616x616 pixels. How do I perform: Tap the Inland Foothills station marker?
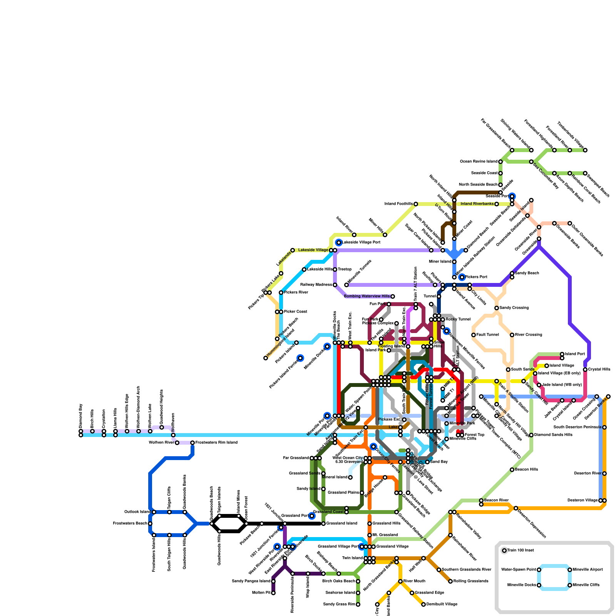416,204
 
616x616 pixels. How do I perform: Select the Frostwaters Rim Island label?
216,443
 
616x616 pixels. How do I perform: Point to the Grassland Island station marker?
323,524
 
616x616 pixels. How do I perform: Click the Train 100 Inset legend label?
521,551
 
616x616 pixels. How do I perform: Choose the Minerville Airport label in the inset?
588,570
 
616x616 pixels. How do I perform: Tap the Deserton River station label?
588,474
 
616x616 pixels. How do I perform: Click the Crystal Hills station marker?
585,370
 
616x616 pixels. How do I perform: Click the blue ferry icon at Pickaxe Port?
462,277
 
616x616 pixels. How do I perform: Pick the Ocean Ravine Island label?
479,162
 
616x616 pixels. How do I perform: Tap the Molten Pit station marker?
273,593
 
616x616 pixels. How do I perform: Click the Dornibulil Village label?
442,604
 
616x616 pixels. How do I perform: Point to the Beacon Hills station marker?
512,470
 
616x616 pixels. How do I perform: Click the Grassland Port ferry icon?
312,516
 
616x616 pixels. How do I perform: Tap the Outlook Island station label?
137,512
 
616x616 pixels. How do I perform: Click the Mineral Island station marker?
350,477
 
